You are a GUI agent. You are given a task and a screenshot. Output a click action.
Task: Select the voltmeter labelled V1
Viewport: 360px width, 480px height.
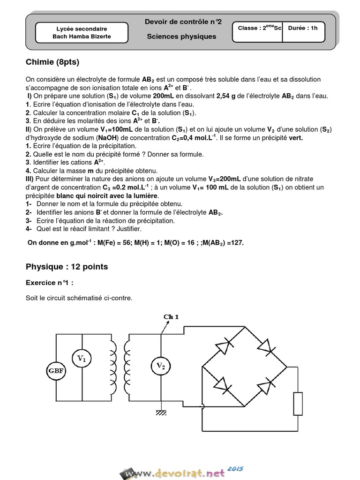(x=82, y=359)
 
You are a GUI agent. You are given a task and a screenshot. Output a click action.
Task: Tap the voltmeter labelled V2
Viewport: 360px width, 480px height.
(x=160, y=365)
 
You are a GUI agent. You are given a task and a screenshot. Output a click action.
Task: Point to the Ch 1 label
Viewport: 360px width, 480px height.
(x=171, y=317)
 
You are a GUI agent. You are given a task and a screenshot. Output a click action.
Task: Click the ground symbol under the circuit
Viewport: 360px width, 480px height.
(x=162, y=413)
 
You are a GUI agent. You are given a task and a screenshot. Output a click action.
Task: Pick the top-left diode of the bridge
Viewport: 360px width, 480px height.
(x=223, y=346)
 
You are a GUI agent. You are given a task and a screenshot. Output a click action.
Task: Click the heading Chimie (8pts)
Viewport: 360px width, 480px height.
(x=53, y=62)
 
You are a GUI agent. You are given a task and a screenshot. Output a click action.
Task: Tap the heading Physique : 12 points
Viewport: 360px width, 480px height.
(x=67, y=267)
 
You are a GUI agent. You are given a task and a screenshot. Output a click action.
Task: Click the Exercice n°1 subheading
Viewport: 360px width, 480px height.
(x=50, y=283)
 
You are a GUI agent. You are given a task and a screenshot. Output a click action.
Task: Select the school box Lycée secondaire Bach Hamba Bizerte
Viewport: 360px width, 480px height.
(x=82, y=32)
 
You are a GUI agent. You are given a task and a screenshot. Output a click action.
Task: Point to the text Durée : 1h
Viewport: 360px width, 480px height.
(x=303, y=28)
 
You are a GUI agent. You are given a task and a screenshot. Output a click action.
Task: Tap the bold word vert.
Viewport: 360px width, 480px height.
(x=296, y=138)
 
